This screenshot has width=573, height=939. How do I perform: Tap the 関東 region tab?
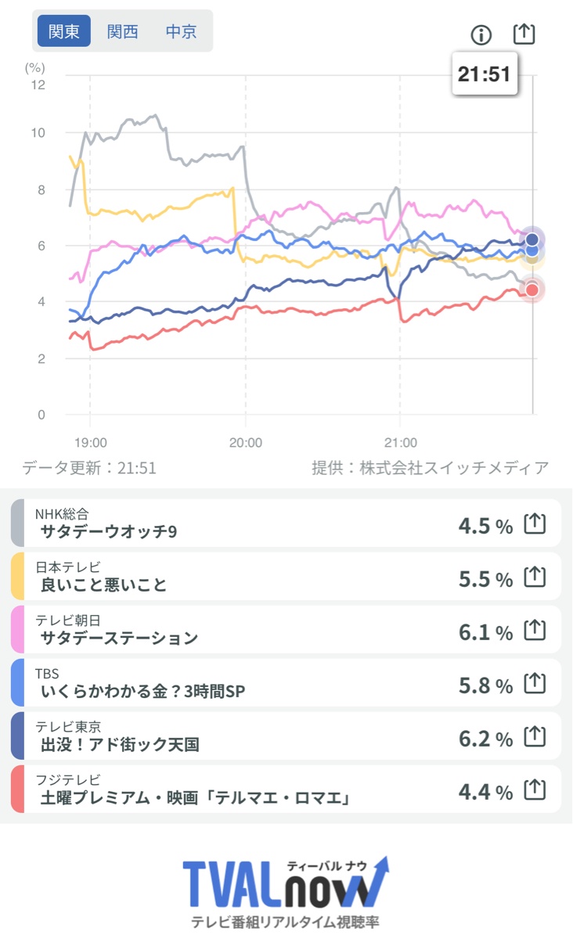pos(64,32)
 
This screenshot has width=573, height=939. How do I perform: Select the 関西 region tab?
pos(123,32)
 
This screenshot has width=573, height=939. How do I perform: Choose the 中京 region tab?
pos(181,32)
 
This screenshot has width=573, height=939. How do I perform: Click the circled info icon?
pos(481,34)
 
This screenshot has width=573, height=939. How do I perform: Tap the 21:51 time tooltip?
pos(484,74)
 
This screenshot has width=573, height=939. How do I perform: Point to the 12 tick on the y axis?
pos(38,85)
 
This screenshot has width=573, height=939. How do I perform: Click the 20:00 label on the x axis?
pos(245,442)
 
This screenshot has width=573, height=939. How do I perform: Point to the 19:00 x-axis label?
pos(90,442)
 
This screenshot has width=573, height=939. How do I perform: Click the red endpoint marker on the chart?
pos(532,290)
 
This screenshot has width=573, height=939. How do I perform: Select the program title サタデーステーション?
pos(119,638)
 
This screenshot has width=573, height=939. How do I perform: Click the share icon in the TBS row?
pos(534,684)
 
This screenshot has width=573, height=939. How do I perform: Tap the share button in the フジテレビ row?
pos(534,790)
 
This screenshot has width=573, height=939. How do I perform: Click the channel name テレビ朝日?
pos(67,620)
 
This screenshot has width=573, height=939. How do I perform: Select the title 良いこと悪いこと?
pos(103,585)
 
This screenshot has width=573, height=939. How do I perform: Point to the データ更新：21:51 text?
pos(89,468)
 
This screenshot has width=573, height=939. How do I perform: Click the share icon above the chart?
pos(524,34)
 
